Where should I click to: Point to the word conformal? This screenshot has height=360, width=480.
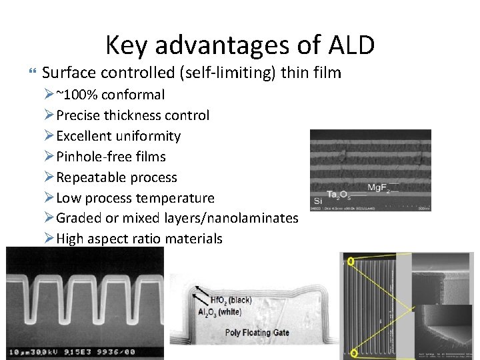coord(133,95)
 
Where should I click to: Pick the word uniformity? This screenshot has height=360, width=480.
coord(148,136)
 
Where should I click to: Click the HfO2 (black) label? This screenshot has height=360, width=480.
coord(231,300)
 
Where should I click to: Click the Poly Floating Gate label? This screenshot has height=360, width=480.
coord(257,332)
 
